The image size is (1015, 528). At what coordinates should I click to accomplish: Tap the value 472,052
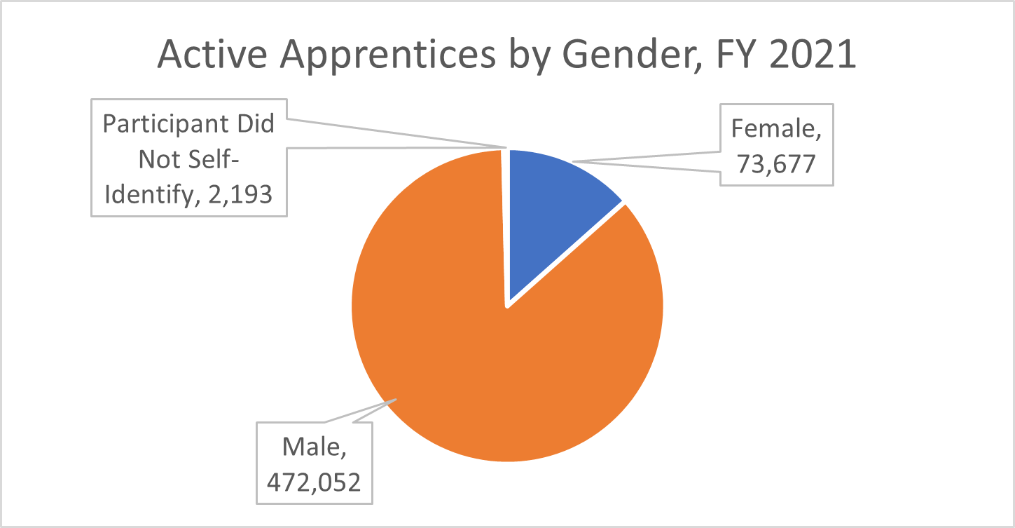314,481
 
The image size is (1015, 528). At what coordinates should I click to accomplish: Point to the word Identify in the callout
145,194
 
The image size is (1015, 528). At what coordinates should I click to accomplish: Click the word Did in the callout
253,125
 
